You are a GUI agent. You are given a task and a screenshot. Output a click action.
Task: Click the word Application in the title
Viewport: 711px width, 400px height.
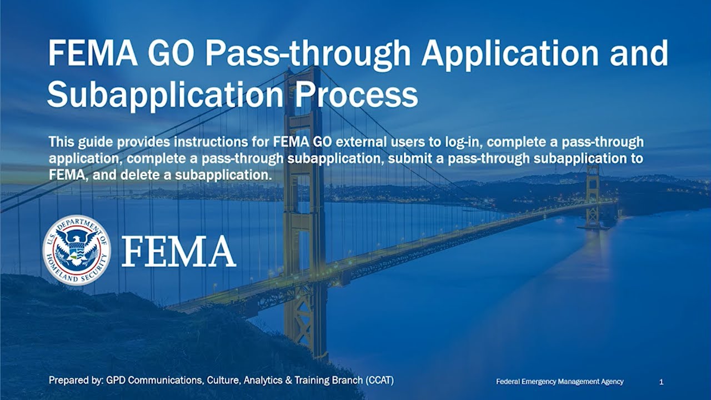click(x=509, y=54)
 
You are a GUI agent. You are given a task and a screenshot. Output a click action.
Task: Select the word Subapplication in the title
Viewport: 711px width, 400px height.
click(x=165, y=95)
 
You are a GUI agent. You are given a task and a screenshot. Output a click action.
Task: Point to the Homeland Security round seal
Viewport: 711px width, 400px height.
click(x=77, y=250)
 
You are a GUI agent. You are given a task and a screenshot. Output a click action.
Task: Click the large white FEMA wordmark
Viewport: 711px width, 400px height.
click(x=178, y=252)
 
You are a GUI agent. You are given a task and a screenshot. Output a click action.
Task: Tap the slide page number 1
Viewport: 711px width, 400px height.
click(x=661, y=382)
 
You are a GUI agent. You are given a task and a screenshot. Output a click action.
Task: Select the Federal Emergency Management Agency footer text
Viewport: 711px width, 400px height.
click(x=560, y=382)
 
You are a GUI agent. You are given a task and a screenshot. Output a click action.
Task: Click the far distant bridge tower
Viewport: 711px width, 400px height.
click(x=593, y=194)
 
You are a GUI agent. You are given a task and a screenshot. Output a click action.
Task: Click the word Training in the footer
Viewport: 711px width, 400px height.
click(x=313, y=381)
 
